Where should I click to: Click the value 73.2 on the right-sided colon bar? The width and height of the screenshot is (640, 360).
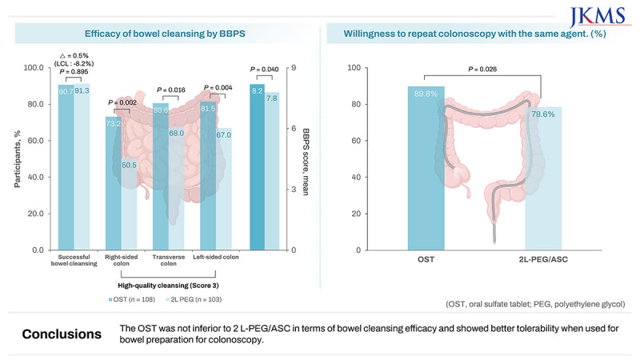point(113,122)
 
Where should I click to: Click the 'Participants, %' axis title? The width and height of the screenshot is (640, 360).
point(18,159)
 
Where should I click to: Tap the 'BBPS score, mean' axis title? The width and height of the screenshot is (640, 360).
point(306,159)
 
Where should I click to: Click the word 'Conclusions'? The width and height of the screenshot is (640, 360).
point(62,334)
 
